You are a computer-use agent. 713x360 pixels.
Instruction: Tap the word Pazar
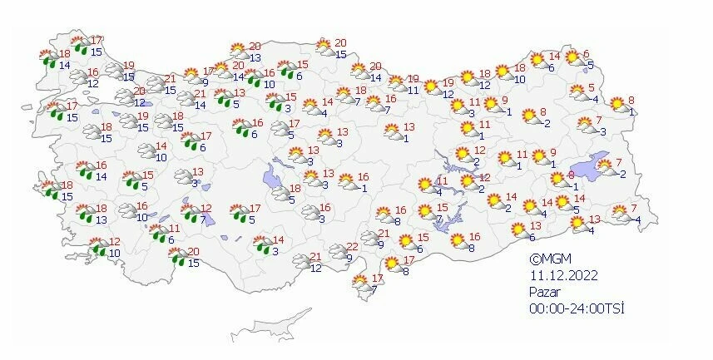[546, 292]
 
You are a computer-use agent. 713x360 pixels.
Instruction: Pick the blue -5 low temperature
[588, 65]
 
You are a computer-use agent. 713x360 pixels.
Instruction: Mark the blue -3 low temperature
[602, 131]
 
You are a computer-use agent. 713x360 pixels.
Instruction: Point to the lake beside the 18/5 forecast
[272, 175]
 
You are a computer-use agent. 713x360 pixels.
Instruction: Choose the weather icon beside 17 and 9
[191, 77]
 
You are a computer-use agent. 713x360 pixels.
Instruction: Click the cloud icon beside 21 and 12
[300, 262]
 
